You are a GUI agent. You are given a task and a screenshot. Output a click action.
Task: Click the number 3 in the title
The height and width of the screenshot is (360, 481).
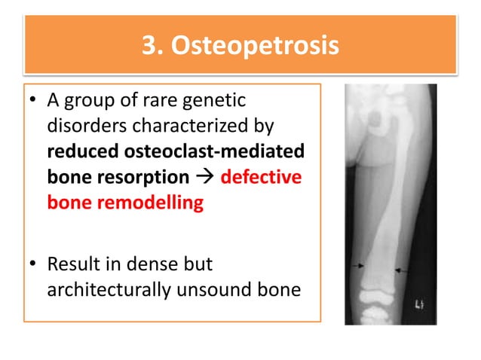149,46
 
